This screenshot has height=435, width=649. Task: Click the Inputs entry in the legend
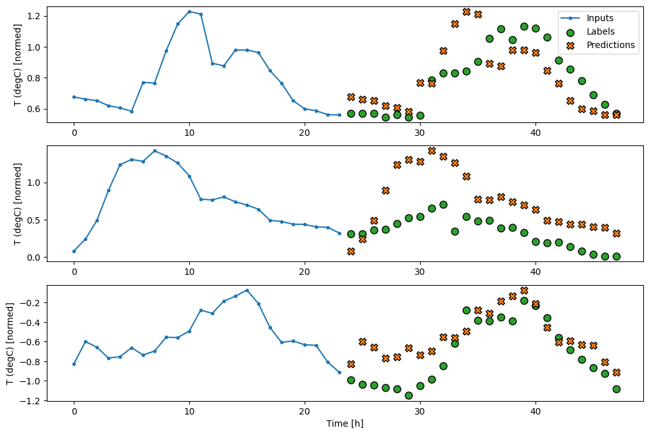point(600,18)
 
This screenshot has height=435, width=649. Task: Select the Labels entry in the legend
point(600,31)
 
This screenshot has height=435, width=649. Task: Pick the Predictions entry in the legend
point(610,45)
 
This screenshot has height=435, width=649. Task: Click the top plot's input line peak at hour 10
point(189,12)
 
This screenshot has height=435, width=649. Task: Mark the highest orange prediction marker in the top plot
point(466,12)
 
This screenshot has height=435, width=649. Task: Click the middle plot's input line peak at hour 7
point(155,151)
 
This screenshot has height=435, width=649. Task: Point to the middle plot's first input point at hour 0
point(74,251)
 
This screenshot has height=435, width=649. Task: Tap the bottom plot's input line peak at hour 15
point(247,290)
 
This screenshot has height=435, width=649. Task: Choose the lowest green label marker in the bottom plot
point(409,395)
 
